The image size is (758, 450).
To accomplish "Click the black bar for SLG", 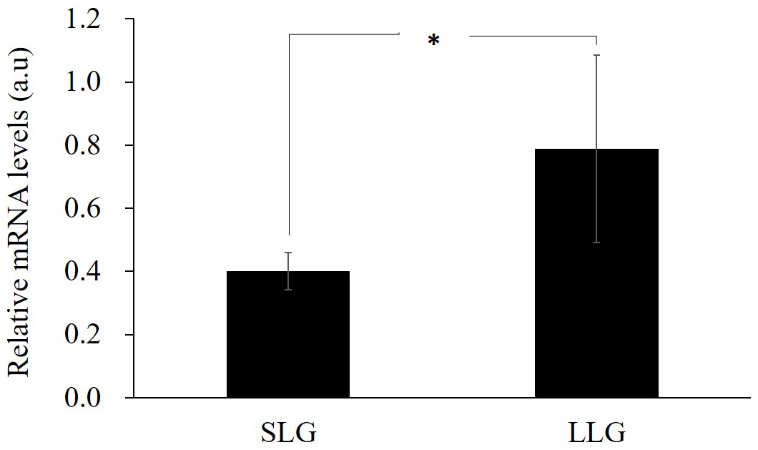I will [287, 334].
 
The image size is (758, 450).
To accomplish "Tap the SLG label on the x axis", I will [288, 433].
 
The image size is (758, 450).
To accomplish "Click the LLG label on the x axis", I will [598, 433].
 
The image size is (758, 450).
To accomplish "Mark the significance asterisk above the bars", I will [433, 41].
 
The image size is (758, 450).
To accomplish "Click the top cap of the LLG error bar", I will [596, 55].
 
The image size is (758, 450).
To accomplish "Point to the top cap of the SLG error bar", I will [288, 253].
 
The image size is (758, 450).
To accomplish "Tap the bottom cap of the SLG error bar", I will [288, 289].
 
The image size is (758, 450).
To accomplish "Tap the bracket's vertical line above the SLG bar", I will [289, 136].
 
